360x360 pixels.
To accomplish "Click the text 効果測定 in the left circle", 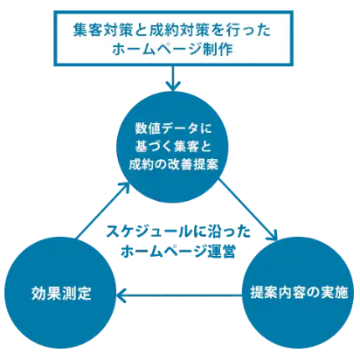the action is coord(61,293).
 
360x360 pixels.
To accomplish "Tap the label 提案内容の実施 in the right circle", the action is coord(299,293).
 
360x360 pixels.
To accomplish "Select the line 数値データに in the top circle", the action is coord(173,128).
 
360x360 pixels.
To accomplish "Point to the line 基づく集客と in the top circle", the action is coord(173,146).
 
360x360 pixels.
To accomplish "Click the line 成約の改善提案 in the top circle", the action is coord(173,164).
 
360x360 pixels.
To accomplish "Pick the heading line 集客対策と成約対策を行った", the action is coord(172,30).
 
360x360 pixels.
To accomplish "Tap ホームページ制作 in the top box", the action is coord(172,49).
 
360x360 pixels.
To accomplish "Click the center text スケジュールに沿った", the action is coord(178,232).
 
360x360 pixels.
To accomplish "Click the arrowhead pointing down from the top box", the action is coord(173,87).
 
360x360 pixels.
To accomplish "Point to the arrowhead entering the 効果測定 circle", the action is coord(121,295).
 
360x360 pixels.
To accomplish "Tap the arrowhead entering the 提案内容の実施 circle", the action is coord(273,235).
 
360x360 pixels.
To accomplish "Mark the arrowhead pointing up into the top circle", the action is coord(124,187).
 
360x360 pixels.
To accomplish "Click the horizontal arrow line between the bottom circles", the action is coord(179,295).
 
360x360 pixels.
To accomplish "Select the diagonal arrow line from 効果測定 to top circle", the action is coord(102,211).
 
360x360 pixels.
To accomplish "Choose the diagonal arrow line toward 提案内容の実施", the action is coord(247,210).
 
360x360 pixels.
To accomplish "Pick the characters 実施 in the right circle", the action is coord(334,293).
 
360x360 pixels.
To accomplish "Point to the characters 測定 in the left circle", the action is coord(77,293).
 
